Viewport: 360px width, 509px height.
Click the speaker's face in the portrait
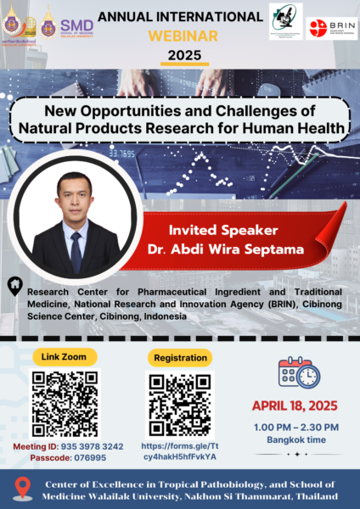click(x=75, y=196)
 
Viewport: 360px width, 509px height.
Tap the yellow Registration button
click(x=180, y=357)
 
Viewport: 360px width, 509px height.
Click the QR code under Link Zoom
click(x=65, y=404)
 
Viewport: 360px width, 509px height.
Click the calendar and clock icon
click(x=299, y=372)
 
